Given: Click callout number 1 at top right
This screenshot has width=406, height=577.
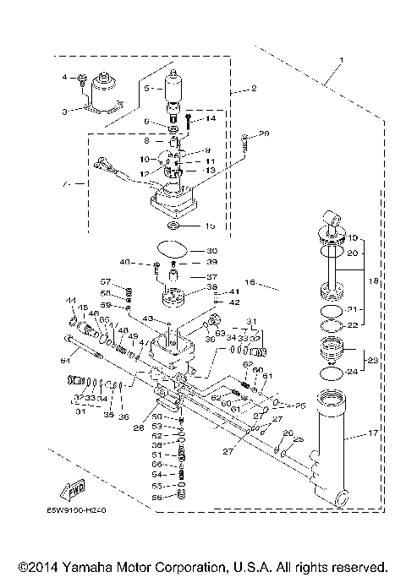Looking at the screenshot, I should click(342, 61).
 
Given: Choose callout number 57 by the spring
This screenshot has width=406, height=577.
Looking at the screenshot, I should click(107, 281).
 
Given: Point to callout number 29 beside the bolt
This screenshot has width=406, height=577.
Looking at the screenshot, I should click(264, 134).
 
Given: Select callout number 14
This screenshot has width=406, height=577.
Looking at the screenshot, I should click(211, 119).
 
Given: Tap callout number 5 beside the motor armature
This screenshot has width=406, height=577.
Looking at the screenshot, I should click(146, 88).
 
